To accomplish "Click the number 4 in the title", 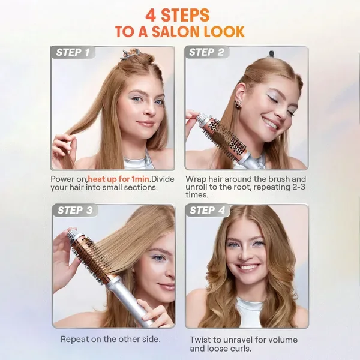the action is [151, 16].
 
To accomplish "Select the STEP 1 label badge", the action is [73, 52].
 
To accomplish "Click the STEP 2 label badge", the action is [206, 52].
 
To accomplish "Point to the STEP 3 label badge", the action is [75, 211].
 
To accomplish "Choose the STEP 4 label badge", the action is [208, 211].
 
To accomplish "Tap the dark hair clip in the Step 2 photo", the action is [272, 54].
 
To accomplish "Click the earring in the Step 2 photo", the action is [238, 104].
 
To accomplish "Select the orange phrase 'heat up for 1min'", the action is [118, 179].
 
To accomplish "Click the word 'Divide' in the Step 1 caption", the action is [163, 179].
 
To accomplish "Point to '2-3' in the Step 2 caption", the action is [299, 187].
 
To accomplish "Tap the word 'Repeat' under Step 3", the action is [74, 340].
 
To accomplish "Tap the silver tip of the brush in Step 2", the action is [202, 118].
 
